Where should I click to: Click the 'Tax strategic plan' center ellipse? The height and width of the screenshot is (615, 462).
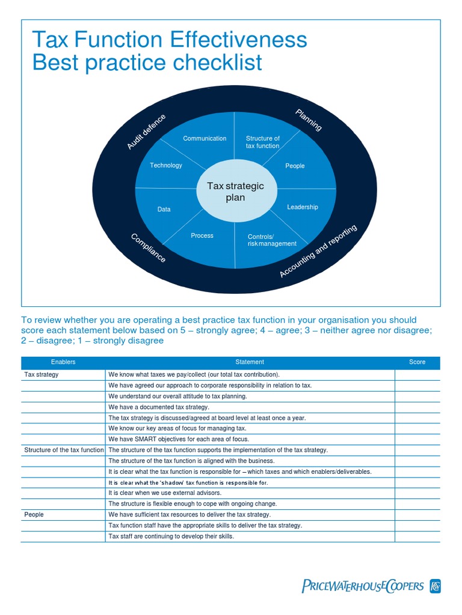pos(235,192)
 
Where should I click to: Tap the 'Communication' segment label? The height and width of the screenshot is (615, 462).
pos(205,139)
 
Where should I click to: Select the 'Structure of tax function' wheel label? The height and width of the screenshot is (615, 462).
pos(263,142)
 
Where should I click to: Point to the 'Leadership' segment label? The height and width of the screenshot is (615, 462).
pos(303,207)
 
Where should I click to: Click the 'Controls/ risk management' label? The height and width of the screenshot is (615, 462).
pos(272,240)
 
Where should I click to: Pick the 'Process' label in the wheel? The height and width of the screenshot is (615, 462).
pos(202,236)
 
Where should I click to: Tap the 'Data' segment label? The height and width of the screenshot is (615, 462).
pos(164,210)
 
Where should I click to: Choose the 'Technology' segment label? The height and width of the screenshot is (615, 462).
pos(166,166)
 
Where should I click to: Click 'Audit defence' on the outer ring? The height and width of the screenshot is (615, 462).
pos(146,132)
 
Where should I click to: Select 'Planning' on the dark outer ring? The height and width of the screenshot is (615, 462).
pos(309,120)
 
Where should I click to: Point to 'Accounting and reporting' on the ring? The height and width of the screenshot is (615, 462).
pos(319,251)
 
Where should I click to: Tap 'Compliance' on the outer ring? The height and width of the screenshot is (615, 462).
pos(148,248)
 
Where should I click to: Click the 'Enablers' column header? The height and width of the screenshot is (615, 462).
pos(63,362)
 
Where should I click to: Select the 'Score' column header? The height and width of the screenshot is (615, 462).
pos(417,362)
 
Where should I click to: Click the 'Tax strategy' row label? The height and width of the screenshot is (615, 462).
pos(42,375)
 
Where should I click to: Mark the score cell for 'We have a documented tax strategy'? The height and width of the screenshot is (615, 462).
pos(417,407)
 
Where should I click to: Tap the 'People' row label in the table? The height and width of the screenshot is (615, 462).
pos(34,515)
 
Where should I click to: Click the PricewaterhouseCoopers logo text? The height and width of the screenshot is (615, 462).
pos(363,586)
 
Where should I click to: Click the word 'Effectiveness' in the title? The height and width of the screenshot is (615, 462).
pos(239,40)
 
